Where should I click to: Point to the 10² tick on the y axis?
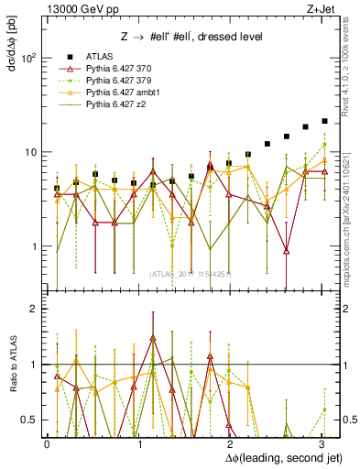[x=29, y=58]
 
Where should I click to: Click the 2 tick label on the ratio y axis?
[x=33, y=309]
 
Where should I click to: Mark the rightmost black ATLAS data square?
[x=324, y=121]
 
